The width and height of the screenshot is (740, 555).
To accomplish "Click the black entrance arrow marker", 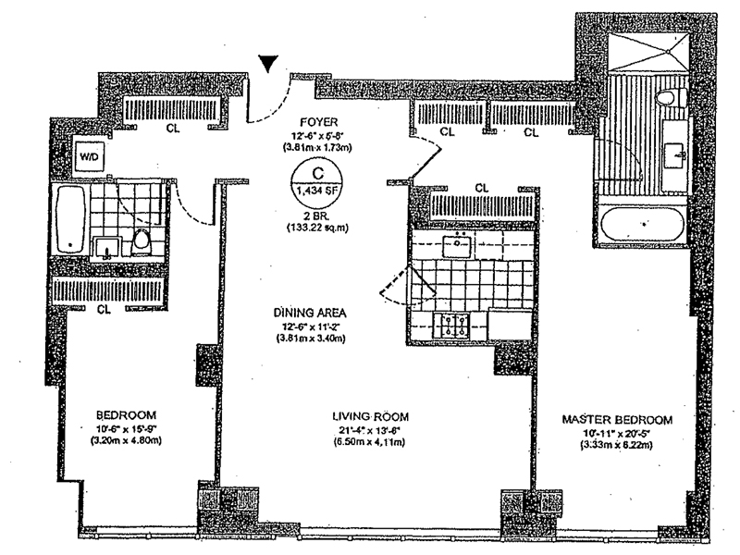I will click(x=267, y=63).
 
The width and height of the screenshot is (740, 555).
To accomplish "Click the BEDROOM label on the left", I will click(x=125, y=413).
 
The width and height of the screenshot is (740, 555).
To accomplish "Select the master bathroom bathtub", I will click(x=643, y=225).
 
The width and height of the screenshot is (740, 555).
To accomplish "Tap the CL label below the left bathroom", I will click(x=104, y=309).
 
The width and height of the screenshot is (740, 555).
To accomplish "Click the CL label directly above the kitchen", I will click(x=481, y=188).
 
